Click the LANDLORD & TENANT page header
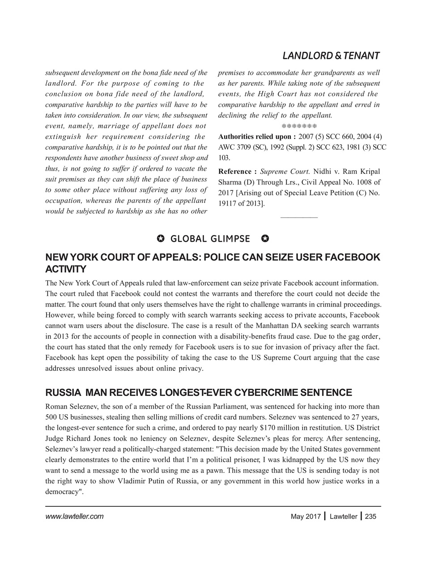331,56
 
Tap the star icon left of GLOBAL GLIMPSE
161,239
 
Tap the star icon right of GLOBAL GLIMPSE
265,239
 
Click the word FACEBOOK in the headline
351,258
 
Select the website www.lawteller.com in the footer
74,517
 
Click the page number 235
371,517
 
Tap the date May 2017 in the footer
306,517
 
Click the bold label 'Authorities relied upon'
256,136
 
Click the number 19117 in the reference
229,204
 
